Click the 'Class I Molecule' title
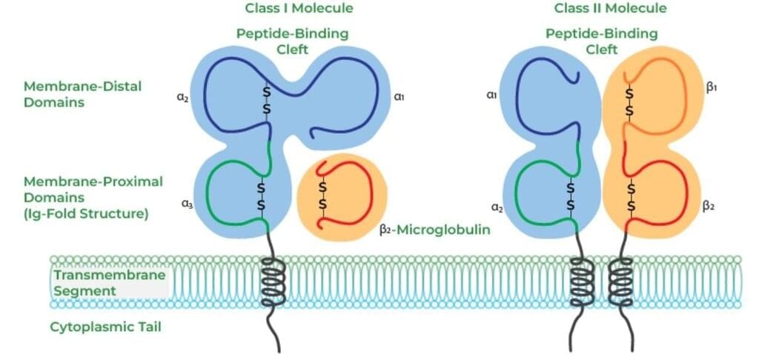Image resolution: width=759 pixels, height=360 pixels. click(299, 9)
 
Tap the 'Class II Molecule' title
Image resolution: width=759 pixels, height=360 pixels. click(610, 9)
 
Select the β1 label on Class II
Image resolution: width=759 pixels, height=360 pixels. click(712, 87)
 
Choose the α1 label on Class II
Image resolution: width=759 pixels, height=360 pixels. click(491, 96)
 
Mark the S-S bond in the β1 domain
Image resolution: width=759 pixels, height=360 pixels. click(629, 101)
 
